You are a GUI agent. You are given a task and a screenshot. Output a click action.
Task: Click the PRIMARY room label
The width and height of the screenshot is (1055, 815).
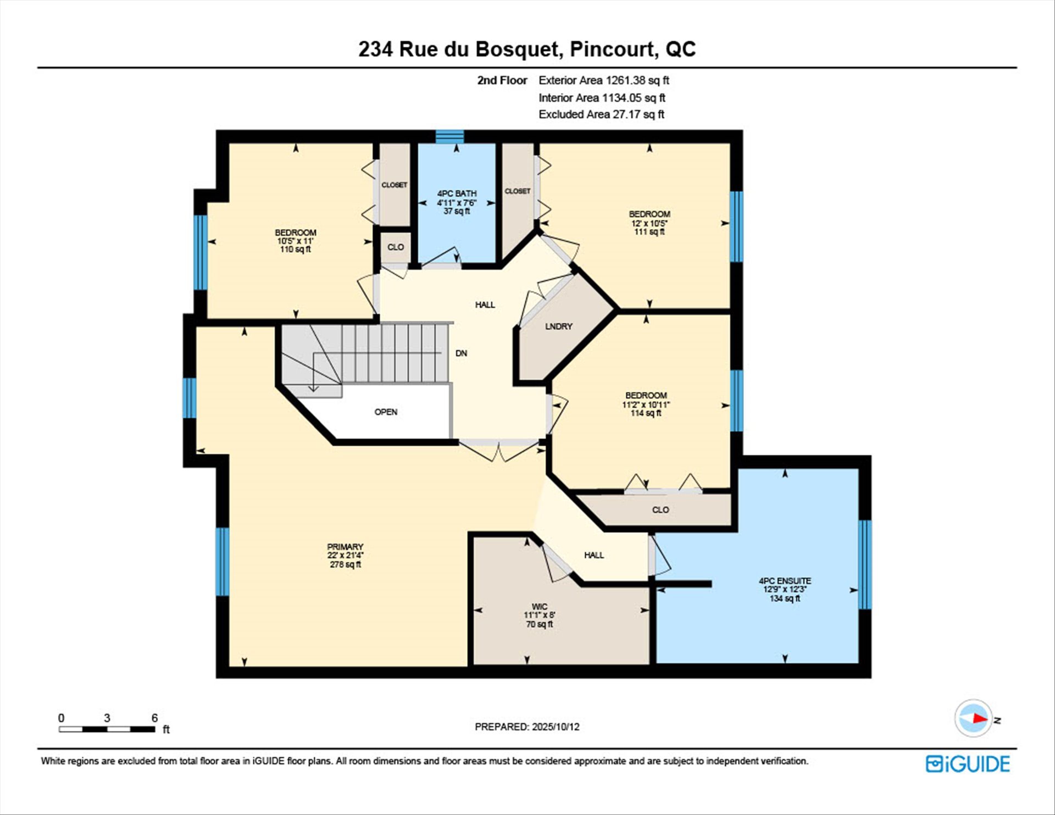pos(345,547)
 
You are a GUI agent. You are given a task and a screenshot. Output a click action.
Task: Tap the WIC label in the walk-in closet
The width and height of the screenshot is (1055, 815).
pos(540,607)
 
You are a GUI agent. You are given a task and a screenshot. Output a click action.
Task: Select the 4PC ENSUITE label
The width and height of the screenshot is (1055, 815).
pos(785,581)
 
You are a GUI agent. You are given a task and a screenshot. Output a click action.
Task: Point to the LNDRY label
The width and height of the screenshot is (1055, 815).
pos(559,326)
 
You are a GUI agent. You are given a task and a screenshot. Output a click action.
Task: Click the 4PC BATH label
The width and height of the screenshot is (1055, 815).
pos(457,193)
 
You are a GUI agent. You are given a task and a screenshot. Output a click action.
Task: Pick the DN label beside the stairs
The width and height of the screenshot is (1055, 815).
pos(461,353)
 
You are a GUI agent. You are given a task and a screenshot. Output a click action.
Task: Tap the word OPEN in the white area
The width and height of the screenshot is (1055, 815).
pos(386,412)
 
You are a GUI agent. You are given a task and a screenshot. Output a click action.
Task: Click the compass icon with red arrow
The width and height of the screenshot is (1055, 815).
pos(974,718)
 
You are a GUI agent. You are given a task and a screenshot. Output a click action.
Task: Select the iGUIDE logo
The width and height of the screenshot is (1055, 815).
pos(968,764)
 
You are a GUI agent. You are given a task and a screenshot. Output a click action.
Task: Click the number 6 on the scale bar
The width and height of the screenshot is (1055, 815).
pos(155,718)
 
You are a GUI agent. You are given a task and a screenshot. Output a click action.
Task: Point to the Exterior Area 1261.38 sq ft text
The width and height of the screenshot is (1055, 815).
pos(604,80)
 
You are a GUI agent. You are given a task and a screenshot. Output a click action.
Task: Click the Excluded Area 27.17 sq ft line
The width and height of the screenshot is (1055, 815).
pos(602,114)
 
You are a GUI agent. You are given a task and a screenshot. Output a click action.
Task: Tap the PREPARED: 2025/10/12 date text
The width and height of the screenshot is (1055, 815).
pos(527,727)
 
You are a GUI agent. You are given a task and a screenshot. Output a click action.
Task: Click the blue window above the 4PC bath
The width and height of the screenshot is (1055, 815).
pos(450,136)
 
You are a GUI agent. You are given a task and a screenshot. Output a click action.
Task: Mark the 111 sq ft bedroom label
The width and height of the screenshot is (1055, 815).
pos(649,232)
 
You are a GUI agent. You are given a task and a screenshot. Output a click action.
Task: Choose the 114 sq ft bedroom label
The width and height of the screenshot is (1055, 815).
pos(646,413)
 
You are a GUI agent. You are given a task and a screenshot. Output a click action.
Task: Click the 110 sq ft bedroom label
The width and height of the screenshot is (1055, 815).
pos(296,250)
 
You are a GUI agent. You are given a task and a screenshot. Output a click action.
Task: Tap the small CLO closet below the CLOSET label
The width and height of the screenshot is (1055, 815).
pos(396,247)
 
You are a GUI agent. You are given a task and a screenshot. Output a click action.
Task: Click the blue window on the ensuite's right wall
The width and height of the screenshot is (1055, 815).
pos(865,564)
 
